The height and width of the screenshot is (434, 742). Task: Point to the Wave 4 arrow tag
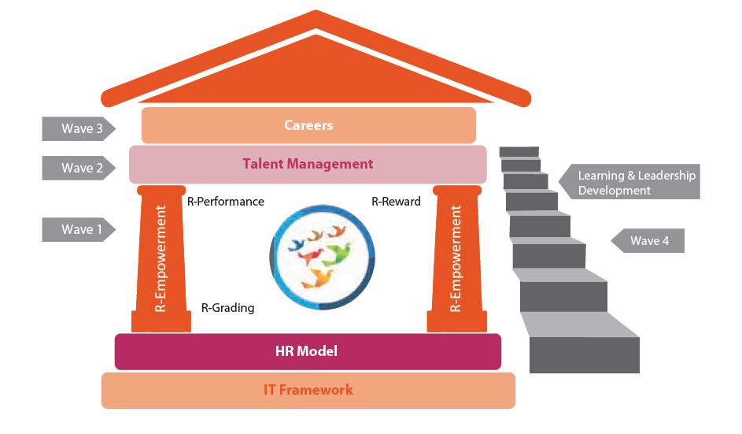pos(648,241)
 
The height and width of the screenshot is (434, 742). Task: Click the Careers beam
pos(308,125)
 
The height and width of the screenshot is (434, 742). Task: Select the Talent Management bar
pos(308,164)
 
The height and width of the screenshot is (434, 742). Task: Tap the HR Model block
pos(308,351)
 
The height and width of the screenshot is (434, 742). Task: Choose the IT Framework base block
pos(308,390)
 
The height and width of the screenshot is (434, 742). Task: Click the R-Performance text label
pos(226,202)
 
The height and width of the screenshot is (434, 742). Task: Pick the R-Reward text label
pos(396,202)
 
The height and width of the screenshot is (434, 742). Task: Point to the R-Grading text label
pos(228,308)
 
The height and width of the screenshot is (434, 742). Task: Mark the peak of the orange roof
pos(316,16)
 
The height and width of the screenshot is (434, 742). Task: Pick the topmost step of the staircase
pos(519,151)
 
